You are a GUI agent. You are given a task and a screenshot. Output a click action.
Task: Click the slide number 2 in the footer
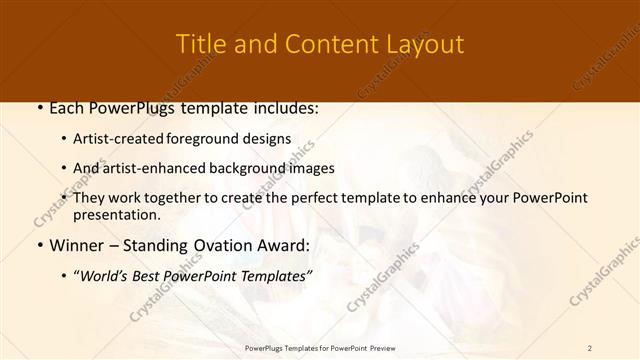tap(589, 347)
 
